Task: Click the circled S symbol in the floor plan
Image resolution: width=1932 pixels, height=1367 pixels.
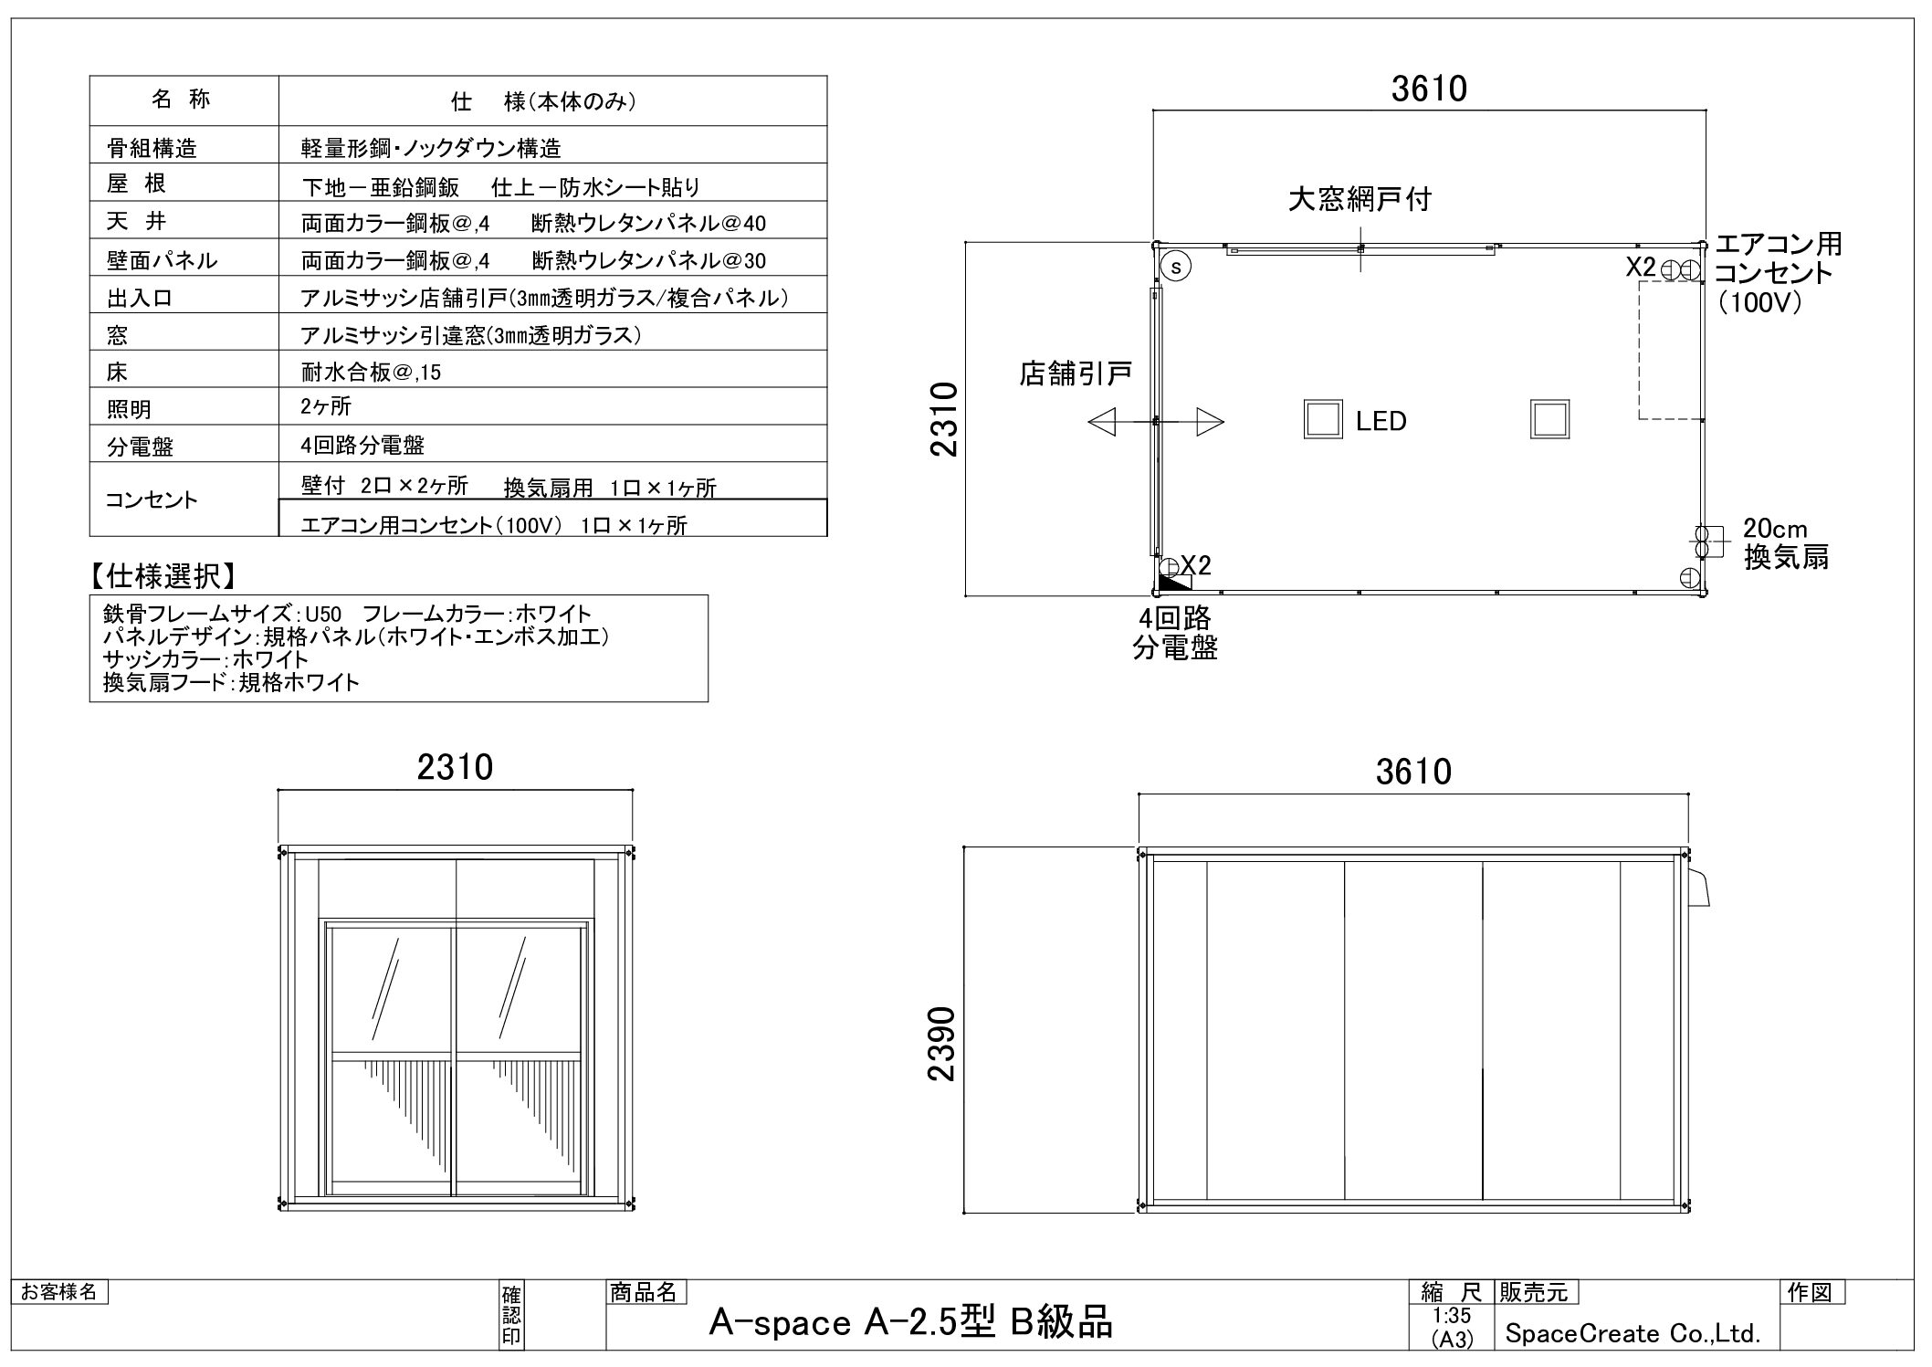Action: [1177, 267]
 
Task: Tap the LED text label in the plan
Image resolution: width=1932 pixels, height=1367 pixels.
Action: [1381, 421]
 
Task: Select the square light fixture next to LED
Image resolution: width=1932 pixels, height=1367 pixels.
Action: [1322, 420]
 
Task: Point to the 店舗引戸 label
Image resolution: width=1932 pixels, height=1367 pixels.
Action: [1076, 373]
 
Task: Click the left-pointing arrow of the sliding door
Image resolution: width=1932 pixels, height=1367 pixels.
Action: [1103, 422]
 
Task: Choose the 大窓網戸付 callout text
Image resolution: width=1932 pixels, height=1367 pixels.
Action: [1359, 199]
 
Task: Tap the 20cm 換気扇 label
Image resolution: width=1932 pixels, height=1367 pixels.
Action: [1784, 543]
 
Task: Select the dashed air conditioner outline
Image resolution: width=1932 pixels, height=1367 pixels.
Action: [1670, 350]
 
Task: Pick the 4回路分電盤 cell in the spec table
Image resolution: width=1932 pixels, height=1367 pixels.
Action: [362, 446]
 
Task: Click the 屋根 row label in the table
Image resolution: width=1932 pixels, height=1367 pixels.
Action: [136, 184]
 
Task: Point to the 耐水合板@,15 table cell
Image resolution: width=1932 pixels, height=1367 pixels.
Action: [371, 372]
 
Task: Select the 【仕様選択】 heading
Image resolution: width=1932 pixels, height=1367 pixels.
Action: [163, 576]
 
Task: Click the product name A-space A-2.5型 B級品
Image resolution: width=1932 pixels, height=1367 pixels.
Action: [910, 1323]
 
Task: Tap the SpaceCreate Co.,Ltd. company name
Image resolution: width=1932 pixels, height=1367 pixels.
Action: [1633, 1334]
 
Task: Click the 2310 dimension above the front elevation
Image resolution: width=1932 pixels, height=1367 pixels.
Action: [455, 768]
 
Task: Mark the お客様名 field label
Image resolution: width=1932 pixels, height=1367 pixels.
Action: [59, 1292]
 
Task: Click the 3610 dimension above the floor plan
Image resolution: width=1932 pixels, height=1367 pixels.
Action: [1429, 89]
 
